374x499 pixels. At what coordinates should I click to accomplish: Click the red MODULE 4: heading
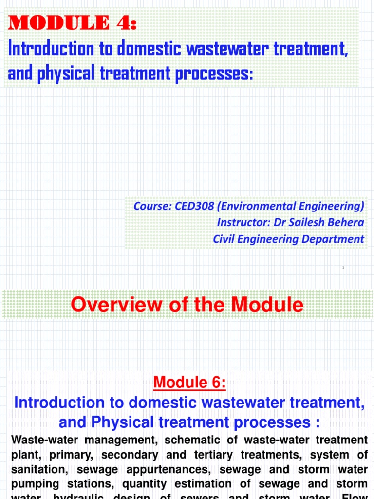tap(72, 23)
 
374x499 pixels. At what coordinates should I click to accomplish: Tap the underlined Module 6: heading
tap(189, 383)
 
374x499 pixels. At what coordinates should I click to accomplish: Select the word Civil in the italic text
tap(224, 239)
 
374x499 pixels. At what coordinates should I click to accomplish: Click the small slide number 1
tap(343, 268)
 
